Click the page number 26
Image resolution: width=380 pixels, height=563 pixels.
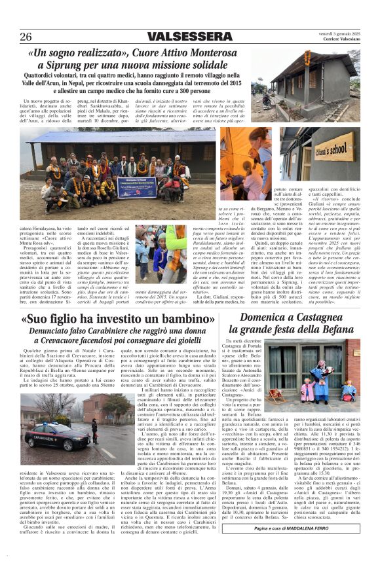(26, 37)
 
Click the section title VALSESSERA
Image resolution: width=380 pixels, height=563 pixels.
(189, 37)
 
